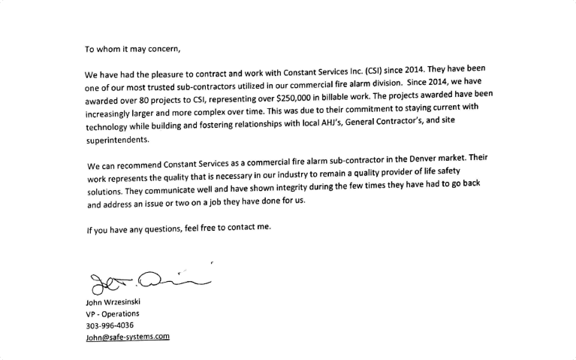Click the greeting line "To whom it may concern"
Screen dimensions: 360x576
[132, 50]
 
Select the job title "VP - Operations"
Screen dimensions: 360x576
[113, 314]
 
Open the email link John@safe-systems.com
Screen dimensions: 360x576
[128, 337]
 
